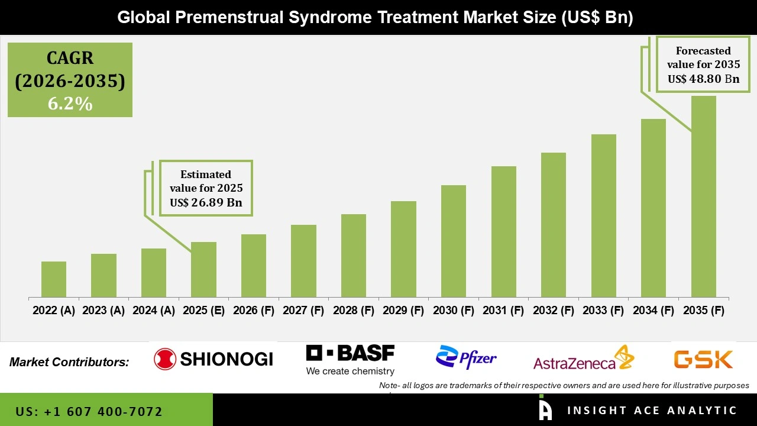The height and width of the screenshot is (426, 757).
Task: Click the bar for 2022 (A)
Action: click(x=54, y=279)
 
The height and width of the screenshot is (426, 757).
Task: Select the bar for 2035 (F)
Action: click(x=703, y=196)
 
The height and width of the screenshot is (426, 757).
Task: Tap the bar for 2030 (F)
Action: click(x=454, y=241)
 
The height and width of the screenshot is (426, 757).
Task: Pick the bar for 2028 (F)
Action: click(x=354, y=256)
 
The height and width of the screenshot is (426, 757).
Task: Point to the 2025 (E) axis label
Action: click(x=203, y=311)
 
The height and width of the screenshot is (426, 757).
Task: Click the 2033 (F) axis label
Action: click(x=603, y=311)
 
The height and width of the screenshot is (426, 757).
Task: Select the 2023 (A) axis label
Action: click(x=103, y=311)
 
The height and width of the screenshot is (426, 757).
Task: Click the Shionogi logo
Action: click(x=213, y=359)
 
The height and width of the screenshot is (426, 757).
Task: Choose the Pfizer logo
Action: click(x=466, y=357)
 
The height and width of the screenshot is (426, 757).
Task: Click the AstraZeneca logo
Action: click(x=583, y=359)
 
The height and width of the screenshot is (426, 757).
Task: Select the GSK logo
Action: click(x=703, y=359)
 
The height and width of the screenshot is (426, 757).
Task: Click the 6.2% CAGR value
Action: click(x=70, y=104)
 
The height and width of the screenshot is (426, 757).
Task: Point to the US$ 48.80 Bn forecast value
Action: click(x=703, y=79)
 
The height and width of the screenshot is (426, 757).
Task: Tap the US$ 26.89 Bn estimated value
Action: click(x=206, y=202)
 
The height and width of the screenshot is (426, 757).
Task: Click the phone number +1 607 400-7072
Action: click(x=89, y=411)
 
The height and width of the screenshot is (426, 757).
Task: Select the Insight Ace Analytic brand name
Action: click(x=652, y=411)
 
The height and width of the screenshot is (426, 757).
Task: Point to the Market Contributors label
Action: click(x=69, y=362)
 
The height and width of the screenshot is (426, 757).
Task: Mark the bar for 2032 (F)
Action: click(x=554, y=225)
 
